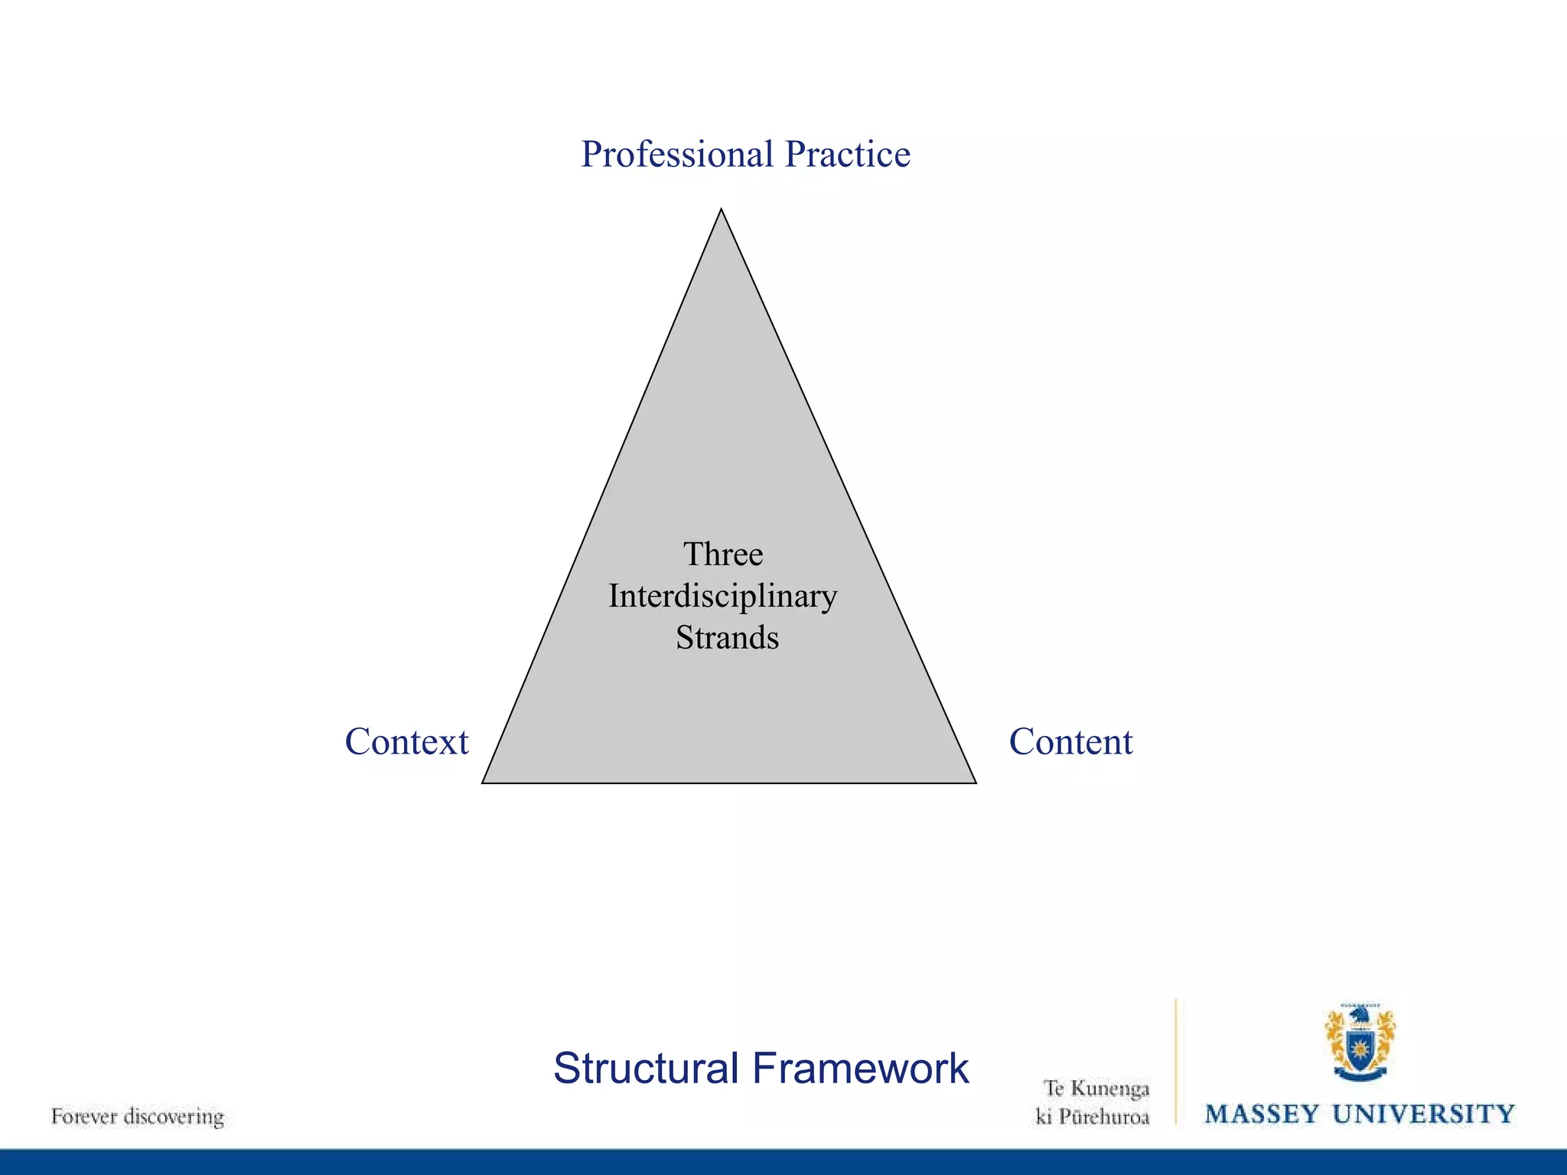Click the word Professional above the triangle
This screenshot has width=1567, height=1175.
677,155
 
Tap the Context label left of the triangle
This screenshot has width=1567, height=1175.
406,742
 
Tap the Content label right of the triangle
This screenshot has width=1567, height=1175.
1070,742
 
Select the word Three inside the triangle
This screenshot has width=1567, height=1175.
723,555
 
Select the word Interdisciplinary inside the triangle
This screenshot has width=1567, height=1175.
723,597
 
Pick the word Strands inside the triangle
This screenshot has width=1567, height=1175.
727,638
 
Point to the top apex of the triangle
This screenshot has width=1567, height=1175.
721,210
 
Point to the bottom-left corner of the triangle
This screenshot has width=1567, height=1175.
484,782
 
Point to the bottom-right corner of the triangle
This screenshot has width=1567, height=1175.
975,782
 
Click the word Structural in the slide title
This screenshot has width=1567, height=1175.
646,1069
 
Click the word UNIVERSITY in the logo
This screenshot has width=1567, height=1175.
1424,1115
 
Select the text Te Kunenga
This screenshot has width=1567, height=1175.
1096,1089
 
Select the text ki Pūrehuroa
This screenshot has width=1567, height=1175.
1093,1118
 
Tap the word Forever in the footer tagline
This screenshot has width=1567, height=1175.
83,1117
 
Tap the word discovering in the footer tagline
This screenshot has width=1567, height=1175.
174,1117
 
